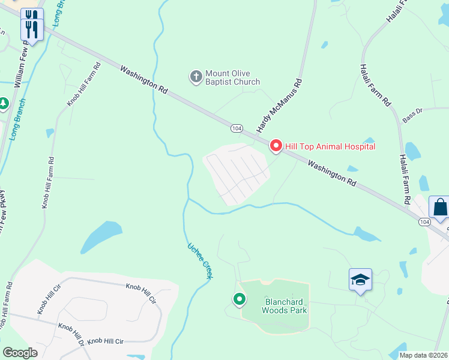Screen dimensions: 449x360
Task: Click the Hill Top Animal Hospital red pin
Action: pyautogui.click(x=276, y=146)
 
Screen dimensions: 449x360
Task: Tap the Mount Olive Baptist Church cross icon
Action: pyautogui.click(x=196, y=76)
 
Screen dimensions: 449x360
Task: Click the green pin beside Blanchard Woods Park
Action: pyautogui.click(x=239, y=299)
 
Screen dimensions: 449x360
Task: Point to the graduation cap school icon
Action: pyautogui.click(x=360, y=280)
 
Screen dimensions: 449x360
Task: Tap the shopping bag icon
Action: pyautogui.click(x=439, y=207)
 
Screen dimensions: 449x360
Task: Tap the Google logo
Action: pyautogui.click(x=20, y=353)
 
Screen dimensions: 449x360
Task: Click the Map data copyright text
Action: pyautogui.click(x=424, y=355)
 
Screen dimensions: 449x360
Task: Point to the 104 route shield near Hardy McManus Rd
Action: pyautogui.click(x=237, y=128)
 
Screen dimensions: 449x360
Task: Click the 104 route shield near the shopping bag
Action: pyautogui.click(x=425, y=222)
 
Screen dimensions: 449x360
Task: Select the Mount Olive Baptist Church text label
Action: pyautogui.click(x=233, y=77)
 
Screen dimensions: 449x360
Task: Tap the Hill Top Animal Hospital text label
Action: pyautogui.click(x=330, y=146)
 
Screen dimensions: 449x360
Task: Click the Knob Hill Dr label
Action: pyautogui.click(x=71, y=330)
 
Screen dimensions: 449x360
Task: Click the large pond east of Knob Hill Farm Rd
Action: pyautogui.click(x=102, y=235)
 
